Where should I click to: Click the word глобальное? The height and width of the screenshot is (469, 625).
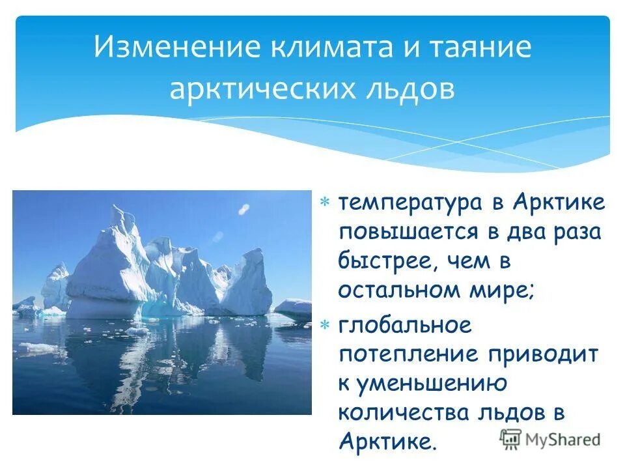pyautogui.click(x=404, y=325)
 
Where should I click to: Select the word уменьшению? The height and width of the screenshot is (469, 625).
pyautogui.click(x=430, y=384)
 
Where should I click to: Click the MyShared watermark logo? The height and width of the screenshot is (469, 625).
pyautogui.click(x=549, y=439)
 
